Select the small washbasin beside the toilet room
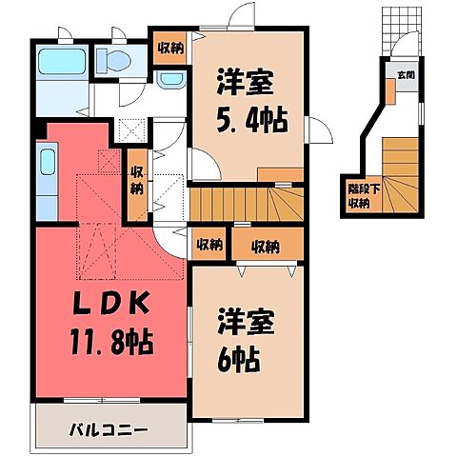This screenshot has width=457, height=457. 170,79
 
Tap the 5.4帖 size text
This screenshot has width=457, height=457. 248,123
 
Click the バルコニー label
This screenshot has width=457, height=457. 108,430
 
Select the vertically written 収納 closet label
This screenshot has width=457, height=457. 137,180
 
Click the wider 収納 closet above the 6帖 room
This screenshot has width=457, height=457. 266,246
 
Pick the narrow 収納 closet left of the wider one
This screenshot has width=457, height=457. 209,245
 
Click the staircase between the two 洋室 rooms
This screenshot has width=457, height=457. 246,202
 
